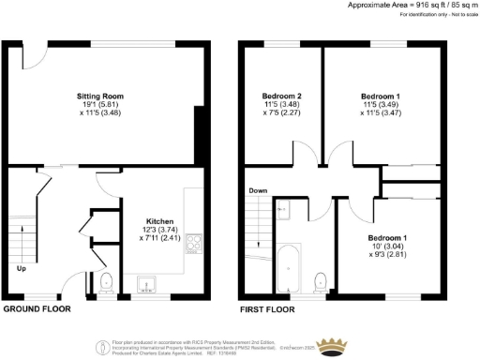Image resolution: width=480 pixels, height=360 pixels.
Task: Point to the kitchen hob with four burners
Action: (195, 244)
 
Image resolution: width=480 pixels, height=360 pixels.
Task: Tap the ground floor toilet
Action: (105, 281)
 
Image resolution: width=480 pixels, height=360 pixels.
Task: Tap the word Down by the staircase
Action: (259, 191)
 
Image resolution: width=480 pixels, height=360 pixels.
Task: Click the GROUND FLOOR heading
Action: (37, 308)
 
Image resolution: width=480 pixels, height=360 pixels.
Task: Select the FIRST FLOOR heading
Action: (266, 308)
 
